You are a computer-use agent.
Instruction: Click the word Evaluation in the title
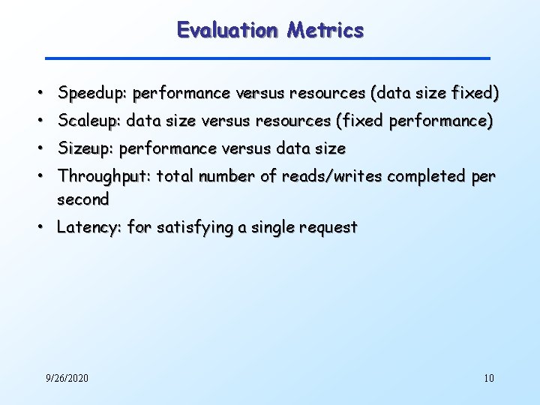point(227,30)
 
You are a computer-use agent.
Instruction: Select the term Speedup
point(92,94)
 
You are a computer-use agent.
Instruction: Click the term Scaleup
point(90,121)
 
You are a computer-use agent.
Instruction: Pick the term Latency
point(89,227)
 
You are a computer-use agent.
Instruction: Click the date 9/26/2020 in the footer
point(67,378)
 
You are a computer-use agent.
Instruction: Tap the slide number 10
point(489,378)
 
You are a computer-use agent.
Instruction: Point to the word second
point(83,199)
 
